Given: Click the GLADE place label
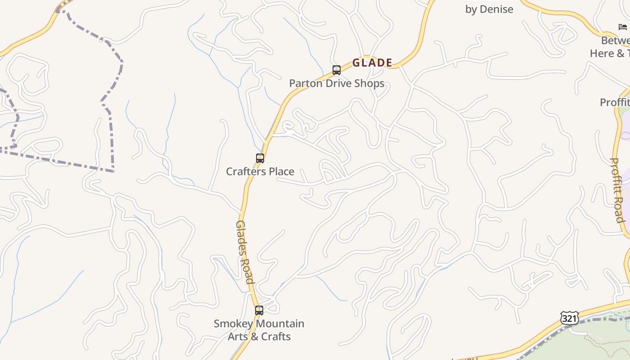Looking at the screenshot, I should tap(372, 63).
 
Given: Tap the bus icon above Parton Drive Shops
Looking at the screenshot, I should tap(337, 70).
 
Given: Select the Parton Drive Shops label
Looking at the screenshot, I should tap(337, 83).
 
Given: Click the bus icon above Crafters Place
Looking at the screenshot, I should tap(260, 158).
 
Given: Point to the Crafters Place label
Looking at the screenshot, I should tap(260, 171).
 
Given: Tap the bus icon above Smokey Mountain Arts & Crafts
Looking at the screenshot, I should tap(259, 310).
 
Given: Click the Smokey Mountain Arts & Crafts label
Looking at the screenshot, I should tap(259, 330).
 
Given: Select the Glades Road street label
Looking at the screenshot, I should tap(245, 252).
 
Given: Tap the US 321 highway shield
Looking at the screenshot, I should tap(569, 318).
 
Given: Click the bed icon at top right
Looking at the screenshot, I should tap(623, 27).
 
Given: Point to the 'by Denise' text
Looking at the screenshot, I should tap(489, 9).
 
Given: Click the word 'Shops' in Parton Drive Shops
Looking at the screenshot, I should tap(369, 83).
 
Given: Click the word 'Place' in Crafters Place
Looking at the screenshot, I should tap(281, 171).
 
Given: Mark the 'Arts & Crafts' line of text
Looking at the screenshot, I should tap(259, 337).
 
